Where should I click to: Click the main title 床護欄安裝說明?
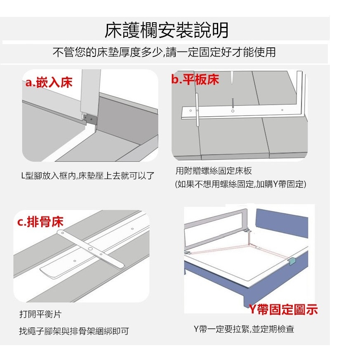pyautogui.click(x=166, y=30)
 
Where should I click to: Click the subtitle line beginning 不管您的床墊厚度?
pyautogui.click(x=164, y=52)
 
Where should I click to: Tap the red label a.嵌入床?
pyautogui.click(x=49, y=82)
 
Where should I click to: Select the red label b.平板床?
pyautogui.click(x=195, y=80)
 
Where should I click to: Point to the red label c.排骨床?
pyautogui.click(x=40, y=221)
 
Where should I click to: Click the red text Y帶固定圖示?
pyautogui.click(x=283, y=309)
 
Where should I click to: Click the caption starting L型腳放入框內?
pyautogui.click(x=88, y=176)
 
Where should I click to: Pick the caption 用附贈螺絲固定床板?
pyautogui.click(x=214, y=171)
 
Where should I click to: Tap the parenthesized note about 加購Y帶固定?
pyautogui.click(x=240, y=184)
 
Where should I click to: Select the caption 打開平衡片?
pyautogui.click(x=40, y=314)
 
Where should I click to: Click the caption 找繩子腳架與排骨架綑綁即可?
pyautogui.click(x=74, y=331)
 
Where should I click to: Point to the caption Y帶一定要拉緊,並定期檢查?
pyautogui.click(x=244, y=329)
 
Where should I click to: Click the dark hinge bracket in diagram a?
pyautogui.click(x=91, y=119)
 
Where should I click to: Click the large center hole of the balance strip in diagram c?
pyautogui.click(x=90, y=249)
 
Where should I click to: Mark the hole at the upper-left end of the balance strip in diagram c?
pyautogui.click(x=62, y=233)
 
